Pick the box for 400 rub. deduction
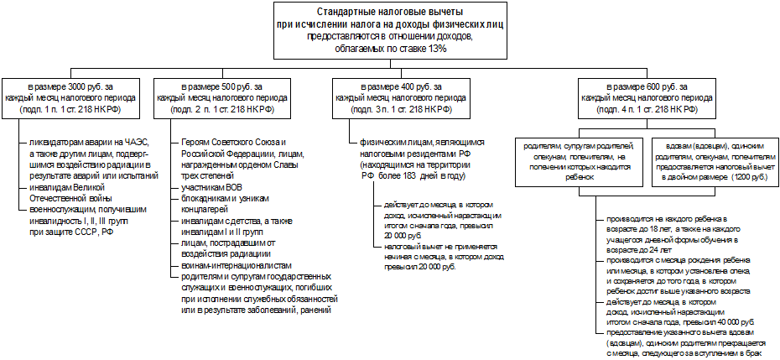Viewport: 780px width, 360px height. [399, 98]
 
